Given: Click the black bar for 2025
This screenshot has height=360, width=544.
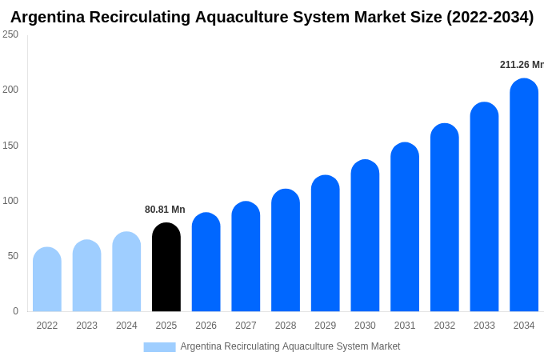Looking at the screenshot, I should [x=166, y=267].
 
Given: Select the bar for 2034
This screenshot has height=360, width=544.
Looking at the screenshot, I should [x=524, y=195].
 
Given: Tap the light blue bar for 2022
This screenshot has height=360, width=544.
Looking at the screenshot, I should [x=47, y=279].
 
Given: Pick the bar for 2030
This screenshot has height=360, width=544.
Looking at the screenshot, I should [x=365, y=235].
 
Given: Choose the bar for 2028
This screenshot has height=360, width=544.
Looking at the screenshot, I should [x=286, y=250].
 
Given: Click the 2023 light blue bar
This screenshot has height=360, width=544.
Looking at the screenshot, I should [x=86, y=276].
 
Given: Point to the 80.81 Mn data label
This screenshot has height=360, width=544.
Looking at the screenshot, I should [x=165, y=210].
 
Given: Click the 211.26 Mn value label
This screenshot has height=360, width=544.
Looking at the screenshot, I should [x=521, y=65].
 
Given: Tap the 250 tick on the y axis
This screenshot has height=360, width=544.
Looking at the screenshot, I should [x=10, y=34].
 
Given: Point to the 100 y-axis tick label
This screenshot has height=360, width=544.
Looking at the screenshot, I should [x=10, y=201].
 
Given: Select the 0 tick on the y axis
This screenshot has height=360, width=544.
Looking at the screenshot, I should [x=15, y=311].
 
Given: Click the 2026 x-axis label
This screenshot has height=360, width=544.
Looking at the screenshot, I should [x=206, y=326].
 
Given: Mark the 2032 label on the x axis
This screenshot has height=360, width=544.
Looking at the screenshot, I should [x=444, y=326].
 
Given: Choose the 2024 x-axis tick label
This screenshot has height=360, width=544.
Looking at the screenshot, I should [x=126, y=326].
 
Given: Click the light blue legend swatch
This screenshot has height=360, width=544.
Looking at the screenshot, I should [x=159, y=347].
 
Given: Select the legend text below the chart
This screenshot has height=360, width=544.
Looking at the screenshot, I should [x=290, y=346].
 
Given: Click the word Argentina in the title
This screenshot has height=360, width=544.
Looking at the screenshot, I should [x=50, y=17].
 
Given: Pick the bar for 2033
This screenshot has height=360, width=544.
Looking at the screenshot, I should [x=484, y=207].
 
